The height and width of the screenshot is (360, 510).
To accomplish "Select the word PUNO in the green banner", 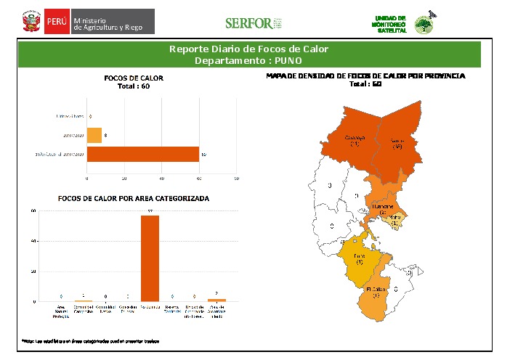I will click(287, 60).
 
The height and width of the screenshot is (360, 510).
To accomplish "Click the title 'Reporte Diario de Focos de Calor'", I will click(248, 49).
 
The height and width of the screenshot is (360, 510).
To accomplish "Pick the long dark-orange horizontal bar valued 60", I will click(143, 154).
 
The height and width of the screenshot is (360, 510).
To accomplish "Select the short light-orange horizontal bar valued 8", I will click(94, 135).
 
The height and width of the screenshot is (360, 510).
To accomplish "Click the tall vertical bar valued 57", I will click(150, 258).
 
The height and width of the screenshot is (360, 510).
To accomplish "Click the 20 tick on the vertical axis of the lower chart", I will click(33, 271).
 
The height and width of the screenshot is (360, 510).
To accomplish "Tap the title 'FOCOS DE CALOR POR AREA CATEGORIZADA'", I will click(134, 198).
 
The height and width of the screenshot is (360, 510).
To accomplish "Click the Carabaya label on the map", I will click(355, 140).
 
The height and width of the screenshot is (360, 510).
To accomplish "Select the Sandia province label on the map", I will click(397, 143).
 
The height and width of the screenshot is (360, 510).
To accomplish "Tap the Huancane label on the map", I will click(383, 209).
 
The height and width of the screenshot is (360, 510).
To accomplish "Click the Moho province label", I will click(394, 220).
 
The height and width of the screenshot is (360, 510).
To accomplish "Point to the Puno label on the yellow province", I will click(359, 258).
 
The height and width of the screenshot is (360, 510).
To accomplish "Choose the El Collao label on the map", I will click(376, 292).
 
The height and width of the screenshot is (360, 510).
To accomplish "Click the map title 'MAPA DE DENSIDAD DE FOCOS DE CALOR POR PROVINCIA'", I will click(365, 76).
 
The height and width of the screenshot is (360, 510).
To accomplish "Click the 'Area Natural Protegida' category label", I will click(61, 311).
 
